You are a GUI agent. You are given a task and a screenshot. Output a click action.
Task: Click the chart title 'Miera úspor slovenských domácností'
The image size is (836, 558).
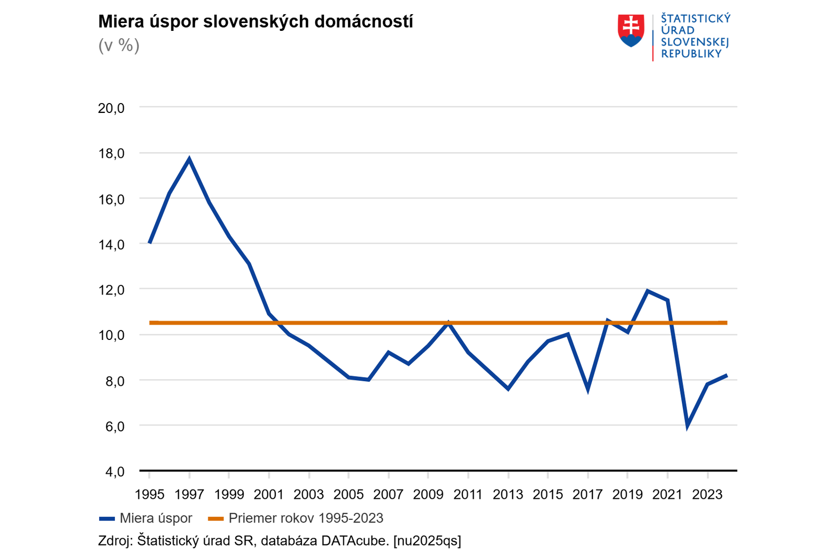256,22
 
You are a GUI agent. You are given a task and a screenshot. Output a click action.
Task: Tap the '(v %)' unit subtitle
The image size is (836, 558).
119,45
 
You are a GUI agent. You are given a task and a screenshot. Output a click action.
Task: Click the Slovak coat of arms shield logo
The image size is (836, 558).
631,30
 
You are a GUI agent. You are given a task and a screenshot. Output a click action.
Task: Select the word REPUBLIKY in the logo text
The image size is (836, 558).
691,54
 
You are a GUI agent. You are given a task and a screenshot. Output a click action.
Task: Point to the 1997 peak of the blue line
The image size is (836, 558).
189,160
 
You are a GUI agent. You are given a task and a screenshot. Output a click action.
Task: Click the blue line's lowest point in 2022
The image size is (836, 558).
687,426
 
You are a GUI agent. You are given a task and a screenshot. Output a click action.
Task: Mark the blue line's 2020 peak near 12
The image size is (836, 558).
647,291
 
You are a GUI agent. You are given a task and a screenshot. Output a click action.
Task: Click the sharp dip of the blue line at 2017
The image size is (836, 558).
588,389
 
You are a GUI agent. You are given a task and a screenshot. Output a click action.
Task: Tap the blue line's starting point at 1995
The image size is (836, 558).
150,242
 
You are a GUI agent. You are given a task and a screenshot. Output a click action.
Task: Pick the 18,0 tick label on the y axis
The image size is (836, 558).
111,154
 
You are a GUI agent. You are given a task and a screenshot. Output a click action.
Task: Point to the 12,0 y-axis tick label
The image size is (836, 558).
111,290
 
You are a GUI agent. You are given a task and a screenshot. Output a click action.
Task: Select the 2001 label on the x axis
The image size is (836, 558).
269,495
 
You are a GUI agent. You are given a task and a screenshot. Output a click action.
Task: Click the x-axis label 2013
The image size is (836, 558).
508,495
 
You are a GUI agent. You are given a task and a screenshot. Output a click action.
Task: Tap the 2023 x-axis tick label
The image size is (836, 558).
707,495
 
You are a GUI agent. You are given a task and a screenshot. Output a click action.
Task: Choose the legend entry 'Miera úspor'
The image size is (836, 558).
156,518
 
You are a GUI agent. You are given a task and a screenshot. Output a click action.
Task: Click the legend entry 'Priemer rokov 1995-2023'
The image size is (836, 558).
306,518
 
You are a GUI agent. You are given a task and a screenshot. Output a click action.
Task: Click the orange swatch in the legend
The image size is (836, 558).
216,519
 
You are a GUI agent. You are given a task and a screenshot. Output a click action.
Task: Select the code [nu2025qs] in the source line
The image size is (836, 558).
427,541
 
